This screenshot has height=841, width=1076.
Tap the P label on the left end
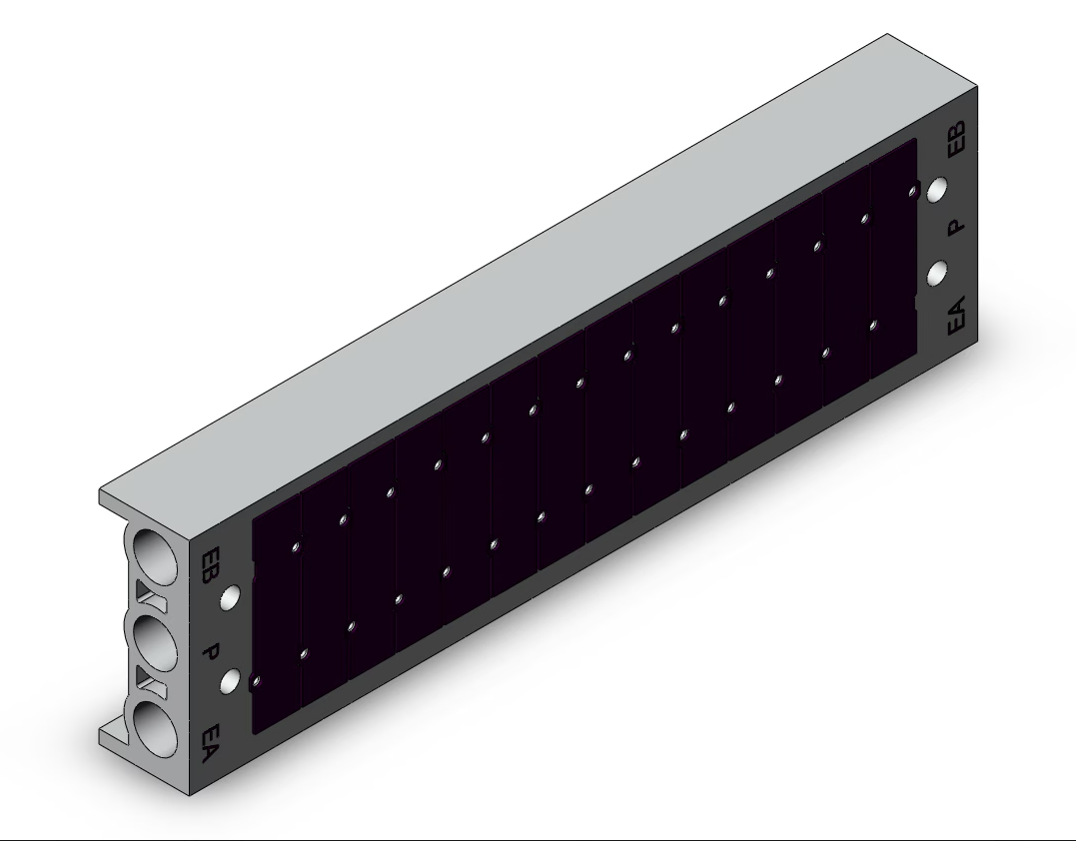tap(211, 653)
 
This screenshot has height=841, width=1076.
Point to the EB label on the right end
tap(956, 139)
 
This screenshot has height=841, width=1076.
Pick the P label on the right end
tap(956, 226)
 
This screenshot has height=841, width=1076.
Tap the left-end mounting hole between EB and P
tap(231, 597)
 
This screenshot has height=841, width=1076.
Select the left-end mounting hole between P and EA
tap(231, 681)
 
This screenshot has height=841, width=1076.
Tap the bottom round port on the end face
tap(153, 728)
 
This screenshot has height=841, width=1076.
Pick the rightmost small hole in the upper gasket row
tap(912, 190)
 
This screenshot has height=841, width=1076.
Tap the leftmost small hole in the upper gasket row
tap(295, 547)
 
